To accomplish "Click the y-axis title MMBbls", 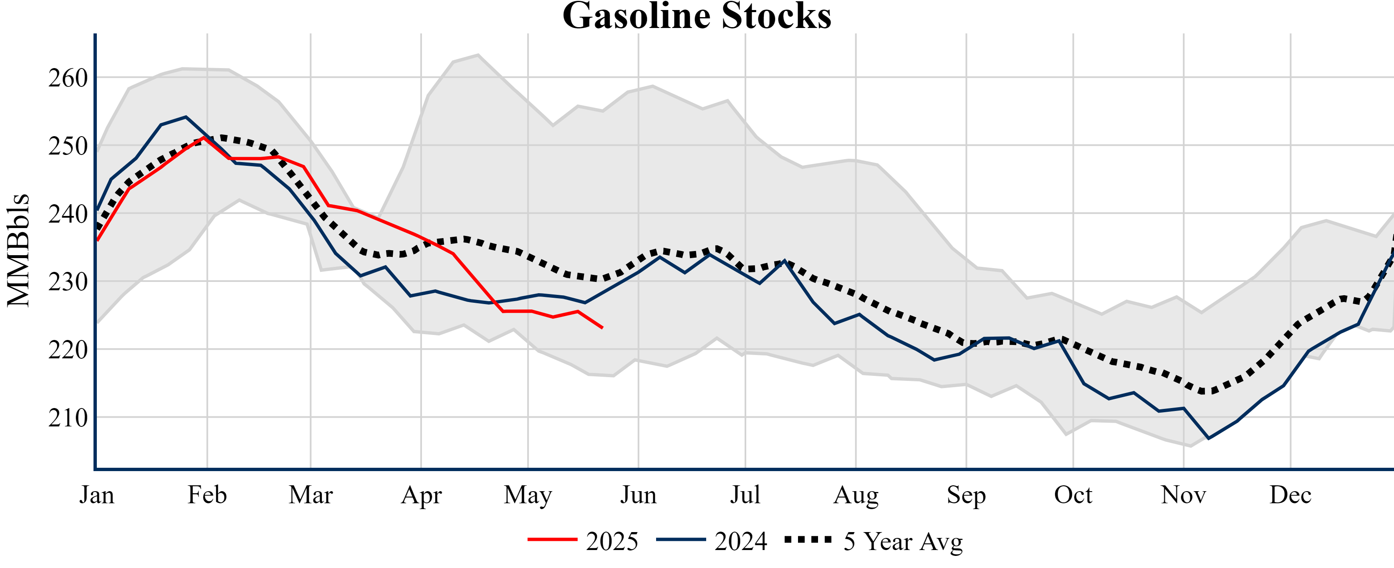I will pyautogui.click(x=18, y=250).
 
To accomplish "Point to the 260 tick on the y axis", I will pyautogui.click(x=68, y=78).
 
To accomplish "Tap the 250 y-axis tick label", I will pyautogui.click(x=68, y=146).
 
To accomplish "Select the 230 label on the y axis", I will pyautogui.click(x=68, y=282).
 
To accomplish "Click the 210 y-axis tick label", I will pyautogui.click(x=68, y=418).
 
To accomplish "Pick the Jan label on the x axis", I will pyautogui.click(x=97, y=495).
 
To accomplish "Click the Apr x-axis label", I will pyautogui.click(x=421, y=495).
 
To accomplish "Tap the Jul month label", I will pyautogui.click(x=745, y=495).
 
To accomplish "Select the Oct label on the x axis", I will pyautogui.click(x=1073, y=495).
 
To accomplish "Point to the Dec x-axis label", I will pyautogui.click(x=1290, y=495).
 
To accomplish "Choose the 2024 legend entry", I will pyautogui.click(x=711, y=540).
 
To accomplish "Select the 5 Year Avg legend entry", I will pyautogui.click(x=874, y=540).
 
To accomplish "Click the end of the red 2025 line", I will pyautogui.click(x=602, y=327).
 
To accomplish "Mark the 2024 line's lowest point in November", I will pyautogui.click(x=1208, y=438).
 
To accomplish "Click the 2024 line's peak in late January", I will pyautogui.click(x=186, y=117).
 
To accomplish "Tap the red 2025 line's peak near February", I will pyautogui.click(x=204, y=137).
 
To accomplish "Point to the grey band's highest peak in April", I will pyautogui.click(x=478, y=54).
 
